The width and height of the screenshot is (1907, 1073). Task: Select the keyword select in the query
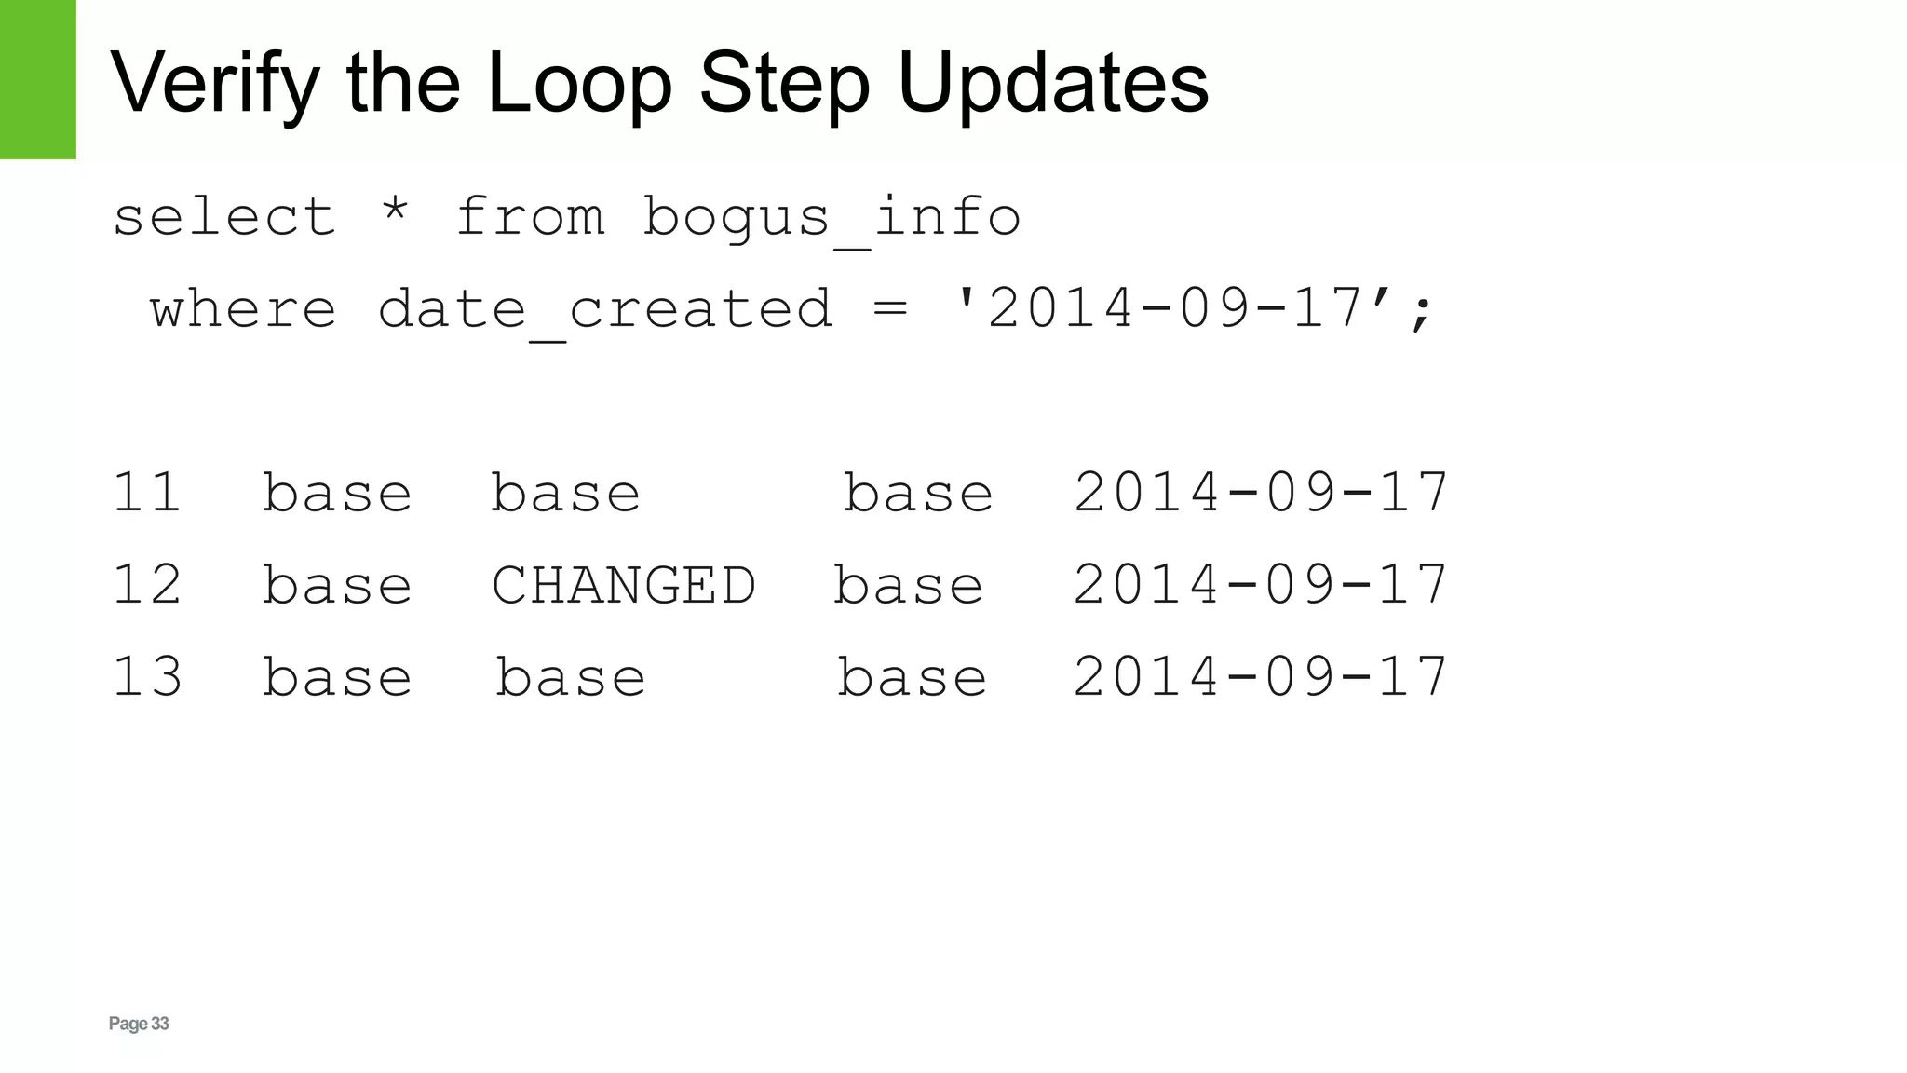point(223,217)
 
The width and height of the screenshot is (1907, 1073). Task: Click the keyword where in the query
point(243,308)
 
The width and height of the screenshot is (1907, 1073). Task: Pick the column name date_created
point(605,310)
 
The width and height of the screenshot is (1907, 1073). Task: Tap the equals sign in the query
point(890,308)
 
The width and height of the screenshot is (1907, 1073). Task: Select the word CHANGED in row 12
point(623,585)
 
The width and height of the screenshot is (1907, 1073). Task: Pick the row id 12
point(146,584)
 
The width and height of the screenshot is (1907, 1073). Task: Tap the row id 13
point(146,676)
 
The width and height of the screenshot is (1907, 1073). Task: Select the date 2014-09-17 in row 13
point(1261,676)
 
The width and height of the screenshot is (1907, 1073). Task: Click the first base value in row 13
point(336,676)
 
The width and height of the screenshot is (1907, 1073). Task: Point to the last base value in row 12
point(908,585)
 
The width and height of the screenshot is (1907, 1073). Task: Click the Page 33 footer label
point(139,1024)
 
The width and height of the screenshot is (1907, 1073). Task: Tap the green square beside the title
point(37,79)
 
